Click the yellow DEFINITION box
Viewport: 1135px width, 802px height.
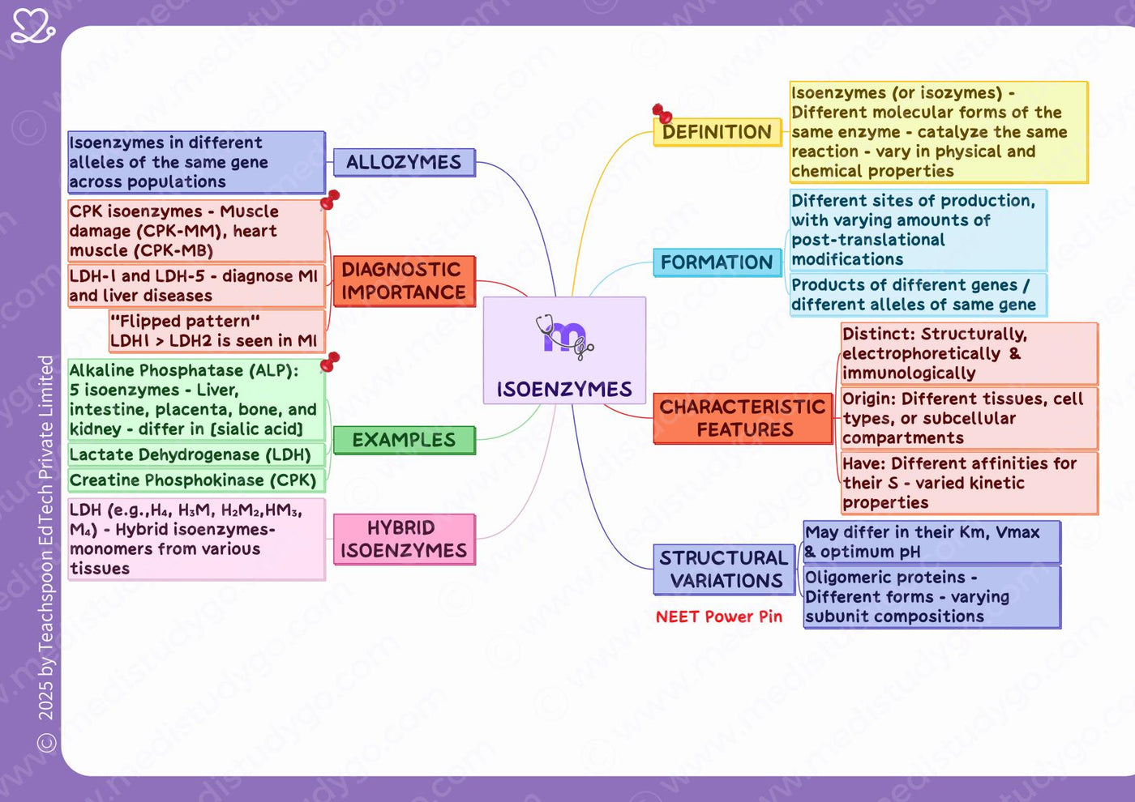point(717,132)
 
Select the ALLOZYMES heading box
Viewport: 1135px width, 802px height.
point(405,163)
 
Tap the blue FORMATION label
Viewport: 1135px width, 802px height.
point(717,262)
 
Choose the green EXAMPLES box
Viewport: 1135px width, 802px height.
point(405,440)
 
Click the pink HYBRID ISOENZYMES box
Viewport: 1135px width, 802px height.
point(405,540)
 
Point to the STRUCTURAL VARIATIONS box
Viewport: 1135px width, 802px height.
point(724,570)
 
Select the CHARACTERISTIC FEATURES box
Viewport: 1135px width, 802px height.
point(743,419)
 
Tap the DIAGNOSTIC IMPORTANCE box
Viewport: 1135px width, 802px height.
point(405,282)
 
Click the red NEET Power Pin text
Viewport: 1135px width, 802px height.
point(719,616)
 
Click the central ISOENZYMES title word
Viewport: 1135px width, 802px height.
point(564,390)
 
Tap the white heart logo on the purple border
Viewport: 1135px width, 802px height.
point(33,26)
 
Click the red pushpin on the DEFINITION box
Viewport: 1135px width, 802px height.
point(662,113)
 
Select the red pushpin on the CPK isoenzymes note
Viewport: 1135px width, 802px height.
point(330,199)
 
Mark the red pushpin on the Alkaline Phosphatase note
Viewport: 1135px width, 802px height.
point(330,362)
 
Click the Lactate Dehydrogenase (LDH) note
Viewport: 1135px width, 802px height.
point(196,454)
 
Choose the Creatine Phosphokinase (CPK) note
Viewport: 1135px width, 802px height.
point(196,480)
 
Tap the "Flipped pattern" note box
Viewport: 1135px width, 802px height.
point(217,331)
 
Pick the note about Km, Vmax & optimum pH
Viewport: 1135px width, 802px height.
point(932,542)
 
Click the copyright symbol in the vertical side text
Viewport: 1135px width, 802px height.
point(46,742)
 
